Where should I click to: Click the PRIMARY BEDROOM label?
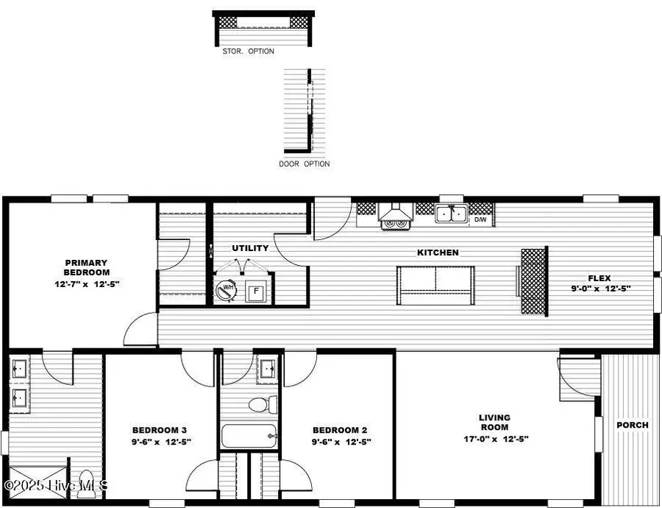click(x=86, y=267)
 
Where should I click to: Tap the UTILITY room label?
click(x=250, y=248)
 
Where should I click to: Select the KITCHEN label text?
click(x=438, y=253)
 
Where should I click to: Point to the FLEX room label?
click(x=599, y=278)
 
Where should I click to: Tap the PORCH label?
click(x=633, y=425)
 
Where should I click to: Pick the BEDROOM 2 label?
click(x=340, y=431)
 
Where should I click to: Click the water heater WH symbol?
click(x=227, y=290)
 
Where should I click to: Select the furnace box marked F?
click(x=256, y=291)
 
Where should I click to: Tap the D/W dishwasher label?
click(x=480, y=219)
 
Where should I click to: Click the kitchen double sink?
click(x=450, y=214)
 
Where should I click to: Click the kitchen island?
click(x=435, y=285)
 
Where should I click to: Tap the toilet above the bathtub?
click(x=262, y=403)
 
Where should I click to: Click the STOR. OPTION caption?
click(x=249, y=52)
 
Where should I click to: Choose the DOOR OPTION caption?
click(x=305, y=163)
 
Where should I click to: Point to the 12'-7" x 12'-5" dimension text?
click(x=86, y=283)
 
